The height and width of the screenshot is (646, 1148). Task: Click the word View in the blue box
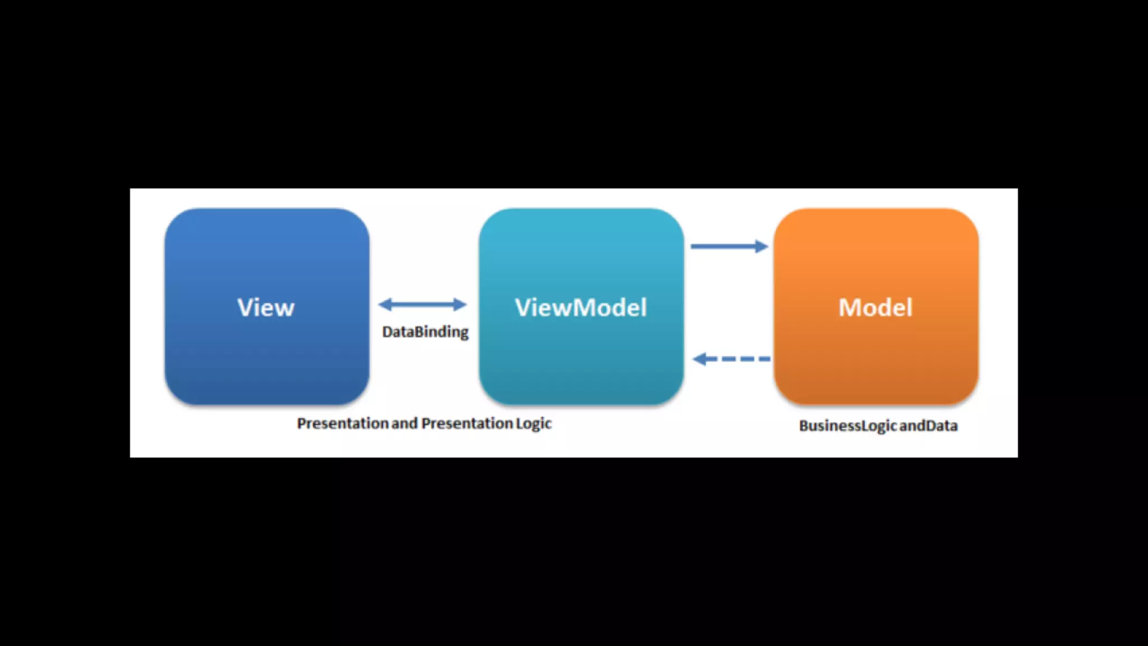[x=266, y=307]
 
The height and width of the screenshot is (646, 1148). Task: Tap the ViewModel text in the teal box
[x=581, y=307]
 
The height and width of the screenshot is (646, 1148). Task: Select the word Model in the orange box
[x=876, y=307]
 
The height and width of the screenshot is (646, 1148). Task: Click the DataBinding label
[x=425, y=332]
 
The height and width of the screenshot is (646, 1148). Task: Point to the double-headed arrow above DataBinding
[x=423, y=304]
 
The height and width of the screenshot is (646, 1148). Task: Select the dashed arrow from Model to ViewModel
[x=732, y=359]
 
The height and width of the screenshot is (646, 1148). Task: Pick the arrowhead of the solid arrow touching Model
[x=761, y=246]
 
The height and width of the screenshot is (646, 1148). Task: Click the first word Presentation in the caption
[x=342, y=423]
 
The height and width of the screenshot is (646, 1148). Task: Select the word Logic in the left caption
[x=534, y=424]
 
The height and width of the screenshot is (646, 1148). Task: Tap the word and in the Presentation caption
[x=404, y=423]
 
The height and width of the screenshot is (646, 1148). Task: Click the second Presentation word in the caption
[x=467, y=423]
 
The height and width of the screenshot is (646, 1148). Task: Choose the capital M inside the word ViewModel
[x=585, y=307]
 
